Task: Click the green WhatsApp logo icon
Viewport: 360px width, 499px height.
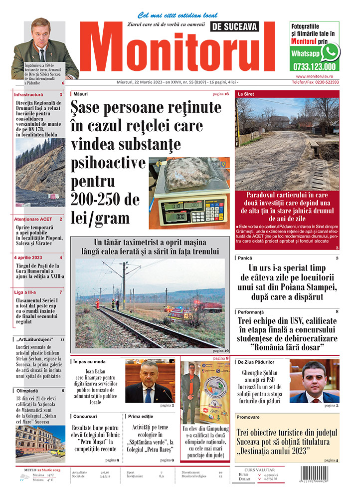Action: pos(330,52)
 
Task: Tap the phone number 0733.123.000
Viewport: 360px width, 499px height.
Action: pos(315,66)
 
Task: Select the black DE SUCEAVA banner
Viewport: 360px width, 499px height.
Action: pos(242,26)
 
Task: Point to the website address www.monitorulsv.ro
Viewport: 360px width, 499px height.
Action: pos(315,76)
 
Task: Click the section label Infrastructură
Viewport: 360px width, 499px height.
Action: pos(29,94)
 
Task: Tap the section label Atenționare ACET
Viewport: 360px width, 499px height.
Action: pos(33,219)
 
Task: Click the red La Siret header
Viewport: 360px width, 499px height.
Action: pos(246,94)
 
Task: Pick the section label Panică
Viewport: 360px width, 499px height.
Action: pos(245,258)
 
